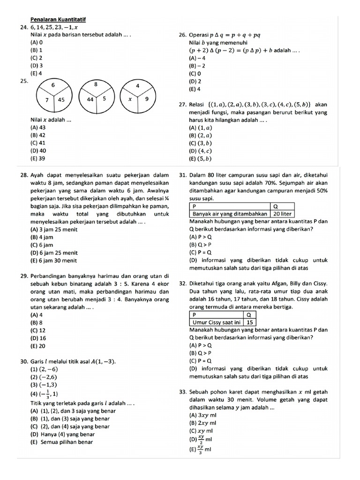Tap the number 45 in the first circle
(61, 99)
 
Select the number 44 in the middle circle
(90, 99)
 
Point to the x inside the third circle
(131, 99)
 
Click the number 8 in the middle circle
(96, 84)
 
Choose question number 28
(24, 175)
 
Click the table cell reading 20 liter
(282, 213)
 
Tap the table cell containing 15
(250, 322)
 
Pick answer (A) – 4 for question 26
(197, 58)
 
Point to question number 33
(183, 392)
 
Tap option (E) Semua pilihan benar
(62, 442)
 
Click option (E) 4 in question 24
(37, 73)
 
